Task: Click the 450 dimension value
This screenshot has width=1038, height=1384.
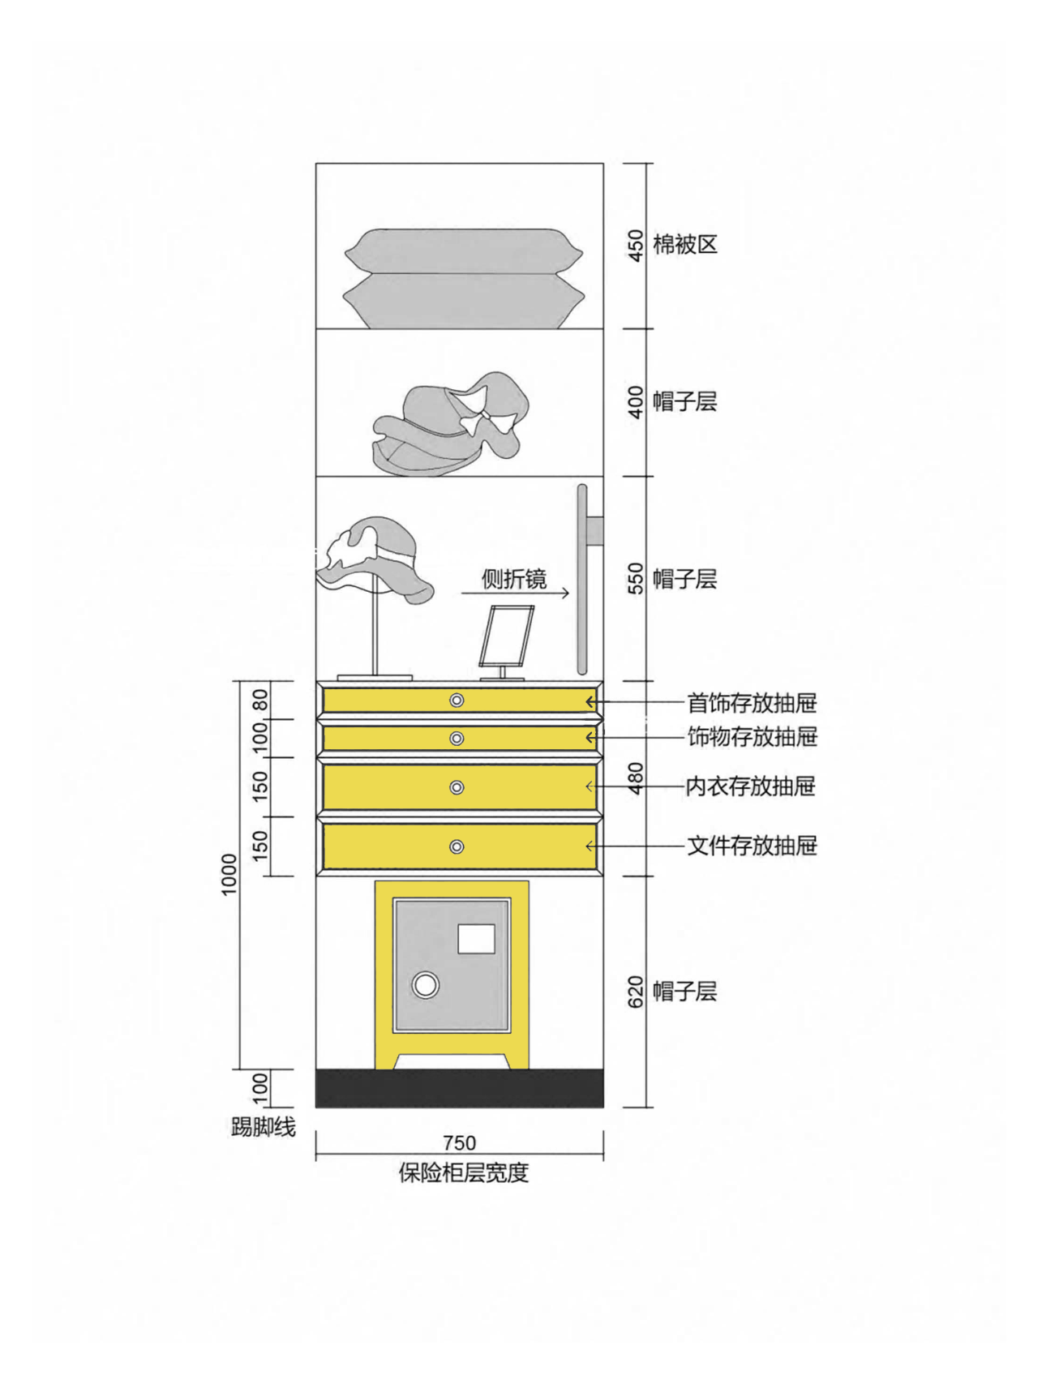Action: pyautogui.click(x=636, y=246)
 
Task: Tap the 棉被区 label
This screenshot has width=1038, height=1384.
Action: pyautogui.click(x=685, y=245)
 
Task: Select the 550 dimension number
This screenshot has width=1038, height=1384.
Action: pyautogui.click(x=636, y=579)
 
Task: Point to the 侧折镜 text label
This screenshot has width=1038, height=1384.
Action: pyautogui.click(x=514, y=579)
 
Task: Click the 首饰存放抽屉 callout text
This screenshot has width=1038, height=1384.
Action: pyautogui.click(x=752, y=703)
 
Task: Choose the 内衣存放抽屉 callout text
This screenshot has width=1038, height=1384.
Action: pyautogui.click(x=750, y=786)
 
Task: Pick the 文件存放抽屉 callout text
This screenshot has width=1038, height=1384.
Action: pyautogui.click(x=752, y=846)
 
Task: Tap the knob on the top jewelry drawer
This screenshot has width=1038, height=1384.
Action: pyautogui.click(x=457, y=701)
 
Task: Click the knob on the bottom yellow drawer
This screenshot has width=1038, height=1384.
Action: pyautogui.click(x=457, y=847)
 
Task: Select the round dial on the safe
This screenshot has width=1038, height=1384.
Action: pyautogui.click(x=426, y=985)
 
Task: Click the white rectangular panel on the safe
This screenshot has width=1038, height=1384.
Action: pyautogui.click(x=476, y=939)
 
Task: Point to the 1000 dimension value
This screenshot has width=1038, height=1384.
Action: pyautogui.click(x=229, y=874)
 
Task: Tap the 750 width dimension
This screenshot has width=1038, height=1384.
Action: pyautogui.click(x=459, y=1143)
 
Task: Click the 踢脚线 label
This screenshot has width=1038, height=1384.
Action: pyautogui.click(x=264, y=1127)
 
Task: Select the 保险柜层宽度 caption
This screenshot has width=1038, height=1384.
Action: pyautogui.click(x=463, y=1173)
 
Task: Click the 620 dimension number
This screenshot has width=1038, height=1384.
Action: pyautogui.click(x=636, y=992)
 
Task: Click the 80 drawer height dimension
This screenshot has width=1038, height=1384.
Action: pyautogui.click(x=260, y=700)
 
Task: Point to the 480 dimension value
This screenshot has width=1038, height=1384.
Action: pyautogui.click(x=636, y=778)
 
